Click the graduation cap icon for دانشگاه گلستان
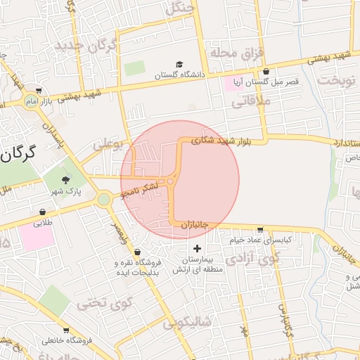(x=179, y=65)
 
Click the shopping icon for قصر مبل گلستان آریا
(x=266, y=72)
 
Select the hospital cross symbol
(x=196, y=248)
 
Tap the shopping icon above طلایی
(x=43, y=212)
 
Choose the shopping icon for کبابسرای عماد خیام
(x=261, y=230)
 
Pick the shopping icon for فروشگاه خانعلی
(x=66, y=330)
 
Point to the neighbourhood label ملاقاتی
(x=247, y=102)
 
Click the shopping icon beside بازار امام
(x=38, y=91)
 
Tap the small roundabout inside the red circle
(x=171, y=183)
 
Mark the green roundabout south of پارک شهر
(x=104, y=200)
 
